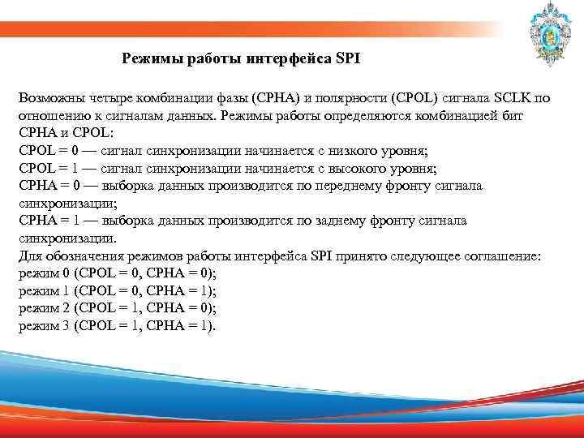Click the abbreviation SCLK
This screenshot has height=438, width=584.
click(x=502, y=98)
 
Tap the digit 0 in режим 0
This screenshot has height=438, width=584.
click(x=66, y=274)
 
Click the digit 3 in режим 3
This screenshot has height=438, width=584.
click(x=66, y=327)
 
